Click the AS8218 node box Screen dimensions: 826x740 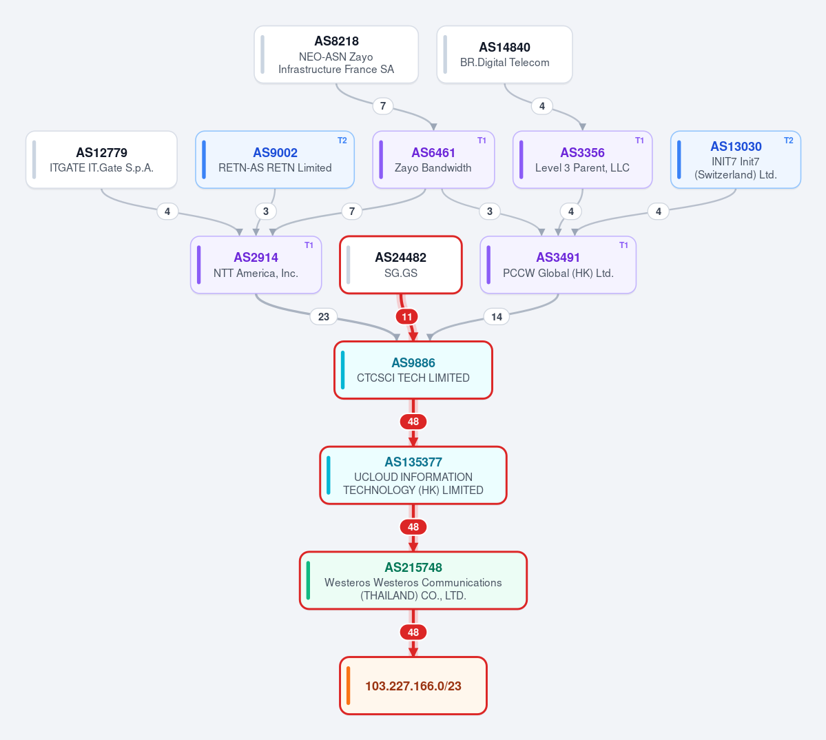pos(336,54)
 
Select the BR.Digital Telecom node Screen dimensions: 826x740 pos(505,54)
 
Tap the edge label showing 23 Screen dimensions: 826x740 pos(324,316)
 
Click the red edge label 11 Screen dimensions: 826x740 pos(406,316)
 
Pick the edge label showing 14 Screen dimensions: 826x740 pos(496,316)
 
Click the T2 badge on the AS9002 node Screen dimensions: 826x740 pos(342,141)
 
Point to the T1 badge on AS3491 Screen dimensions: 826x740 pos(623,245)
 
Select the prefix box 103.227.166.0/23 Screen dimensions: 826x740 pos(413,686)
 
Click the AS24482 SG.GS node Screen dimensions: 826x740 pos(401,265)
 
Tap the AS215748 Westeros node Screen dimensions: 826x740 pos(413,581)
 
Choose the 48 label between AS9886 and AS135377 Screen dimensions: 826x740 pos(413,422)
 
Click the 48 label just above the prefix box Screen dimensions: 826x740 pos(413,632)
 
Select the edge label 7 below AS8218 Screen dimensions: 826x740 pos(383,106)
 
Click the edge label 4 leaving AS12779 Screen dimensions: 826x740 pos(167,212)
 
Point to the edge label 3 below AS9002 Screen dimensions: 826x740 pos(265,212)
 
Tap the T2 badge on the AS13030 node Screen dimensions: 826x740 pos(789,141)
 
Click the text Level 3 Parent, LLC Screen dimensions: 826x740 pos(582,168)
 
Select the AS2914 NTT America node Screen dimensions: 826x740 pos(256,265)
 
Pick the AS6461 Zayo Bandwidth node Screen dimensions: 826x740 pos(433,160)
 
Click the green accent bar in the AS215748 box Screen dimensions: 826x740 pos(308,581)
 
